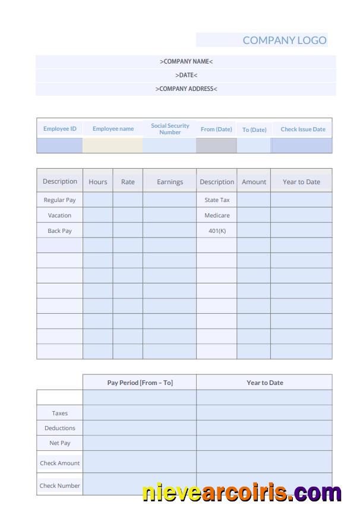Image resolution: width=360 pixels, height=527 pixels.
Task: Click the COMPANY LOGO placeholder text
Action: point(285,40)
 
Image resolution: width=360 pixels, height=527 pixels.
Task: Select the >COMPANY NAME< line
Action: point(186,62)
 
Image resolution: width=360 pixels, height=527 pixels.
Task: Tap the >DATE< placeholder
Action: point(186,75)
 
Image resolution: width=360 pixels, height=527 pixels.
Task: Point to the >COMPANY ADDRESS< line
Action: point(186,89)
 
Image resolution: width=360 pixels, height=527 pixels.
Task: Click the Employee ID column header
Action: point(59,129)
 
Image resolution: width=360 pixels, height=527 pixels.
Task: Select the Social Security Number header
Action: point(170,129)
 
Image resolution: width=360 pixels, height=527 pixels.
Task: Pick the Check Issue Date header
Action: point(303,130)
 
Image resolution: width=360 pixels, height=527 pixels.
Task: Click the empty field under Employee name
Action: point(112,146)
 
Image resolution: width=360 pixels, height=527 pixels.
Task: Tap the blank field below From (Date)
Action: point(216,146)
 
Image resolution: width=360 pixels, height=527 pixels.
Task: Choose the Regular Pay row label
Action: point(59,200)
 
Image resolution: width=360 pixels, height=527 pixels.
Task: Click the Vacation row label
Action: point(59,216)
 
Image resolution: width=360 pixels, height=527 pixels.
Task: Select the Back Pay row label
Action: point(59,231)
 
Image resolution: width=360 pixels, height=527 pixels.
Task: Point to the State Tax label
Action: point(217,200)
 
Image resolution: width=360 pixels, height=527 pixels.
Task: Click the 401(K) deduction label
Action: point(217,231)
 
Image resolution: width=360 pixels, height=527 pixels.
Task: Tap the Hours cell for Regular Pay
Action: point(98,200)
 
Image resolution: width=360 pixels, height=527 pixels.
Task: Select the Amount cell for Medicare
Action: point(254,216)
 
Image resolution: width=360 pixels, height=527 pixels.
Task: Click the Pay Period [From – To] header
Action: point(140,383)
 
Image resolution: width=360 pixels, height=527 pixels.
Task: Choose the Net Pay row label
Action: point(59,443)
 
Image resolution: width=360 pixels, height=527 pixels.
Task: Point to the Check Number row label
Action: point(59,486)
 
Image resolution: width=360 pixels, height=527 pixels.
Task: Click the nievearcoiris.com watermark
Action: point(242,493)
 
